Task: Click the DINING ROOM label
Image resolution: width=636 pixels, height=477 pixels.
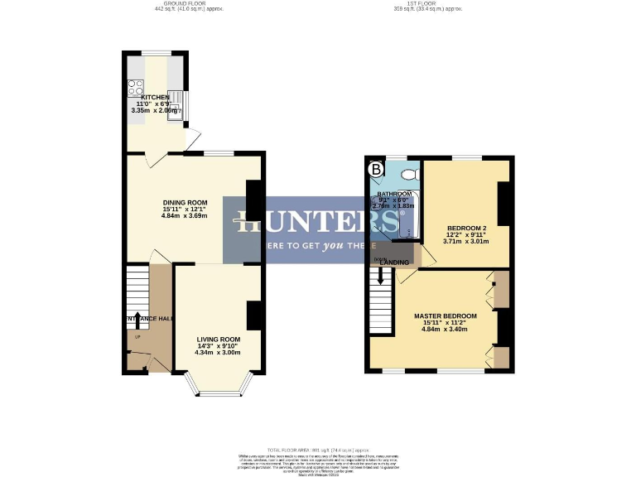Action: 185,203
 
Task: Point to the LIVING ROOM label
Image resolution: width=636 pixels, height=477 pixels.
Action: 218,339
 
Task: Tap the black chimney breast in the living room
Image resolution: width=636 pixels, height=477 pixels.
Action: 255,315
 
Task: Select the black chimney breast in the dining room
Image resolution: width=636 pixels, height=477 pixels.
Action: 256,199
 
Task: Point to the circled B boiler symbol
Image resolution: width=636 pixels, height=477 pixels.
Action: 377,170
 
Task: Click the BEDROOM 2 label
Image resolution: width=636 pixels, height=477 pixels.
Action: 466,228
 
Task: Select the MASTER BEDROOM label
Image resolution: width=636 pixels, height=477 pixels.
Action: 446,316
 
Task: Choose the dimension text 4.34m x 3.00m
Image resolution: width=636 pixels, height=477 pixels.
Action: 218,353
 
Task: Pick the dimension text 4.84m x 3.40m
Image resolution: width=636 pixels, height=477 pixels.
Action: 445,329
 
